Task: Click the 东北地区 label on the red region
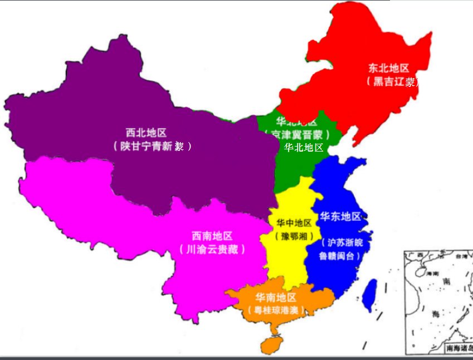click(x=388, y=68)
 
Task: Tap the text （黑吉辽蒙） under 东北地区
click(x=392, y=82)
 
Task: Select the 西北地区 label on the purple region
click(x=146, y=133)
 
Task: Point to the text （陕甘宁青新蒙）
click(x=152, y=146)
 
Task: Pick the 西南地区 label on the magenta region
click(x=212, y=236)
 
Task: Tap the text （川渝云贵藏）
click(x=213, y=249)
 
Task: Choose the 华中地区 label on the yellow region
click(x=294, y=223)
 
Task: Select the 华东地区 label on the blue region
click(x=340, y=216)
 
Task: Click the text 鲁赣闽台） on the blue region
click(x=340, y=256)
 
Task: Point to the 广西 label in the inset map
click(x=413, y=255)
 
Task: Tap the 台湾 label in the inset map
click(x=461, y=257)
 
